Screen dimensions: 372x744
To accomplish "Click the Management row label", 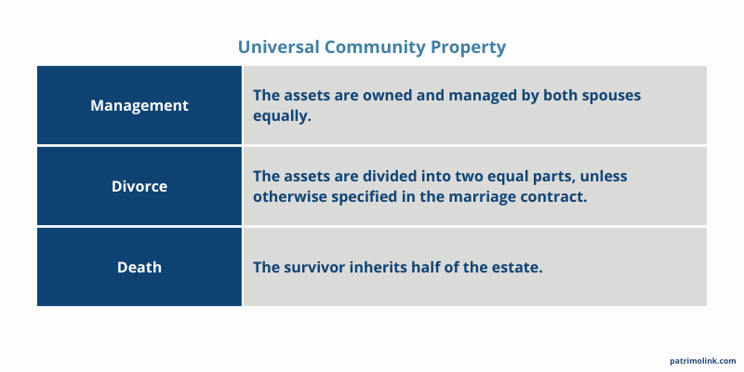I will pyautogui.click(x=139, y=105).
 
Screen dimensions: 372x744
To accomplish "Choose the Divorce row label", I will pyautogui.click(x=139, y=186).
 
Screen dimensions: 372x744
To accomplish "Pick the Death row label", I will pyautogui.click(x=139, y=267).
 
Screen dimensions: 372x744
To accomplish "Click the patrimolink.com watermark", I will pyautogui.click(x=702, y=360).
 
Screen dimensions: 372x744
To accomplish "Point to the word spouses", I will pyautogui.click(x=607, y=96).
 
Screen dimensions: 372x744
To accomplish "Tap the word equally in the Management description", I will pyautogui.click(x=282, y=116).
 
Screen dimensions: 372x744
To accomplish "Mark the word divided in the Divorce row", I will pyautogui.click(x=367, y=176).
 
